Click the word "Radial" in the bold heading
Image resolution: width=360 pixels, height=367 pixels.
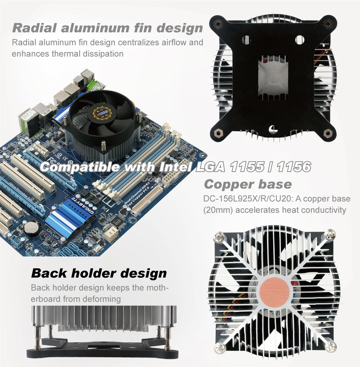(35, 28)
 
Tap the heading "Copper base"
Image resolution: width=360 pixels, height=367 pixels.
(248, 184)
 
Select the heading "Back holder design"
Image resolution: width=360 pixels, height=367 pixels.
(99, 273)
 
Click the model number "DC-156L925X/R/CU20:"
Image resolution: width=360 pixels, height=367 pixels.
(248, 199)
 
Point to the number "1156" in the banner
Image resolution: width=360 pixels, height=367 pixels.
(294, 167)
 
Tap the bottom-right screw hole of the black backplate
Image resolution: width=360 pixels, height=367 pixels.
(327, 133)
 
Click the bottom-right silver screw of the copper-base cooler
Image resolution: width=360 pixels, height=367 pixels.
(330, 346)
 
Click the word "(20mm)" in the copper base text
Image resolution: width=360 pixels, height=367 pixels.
(218, 210)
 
